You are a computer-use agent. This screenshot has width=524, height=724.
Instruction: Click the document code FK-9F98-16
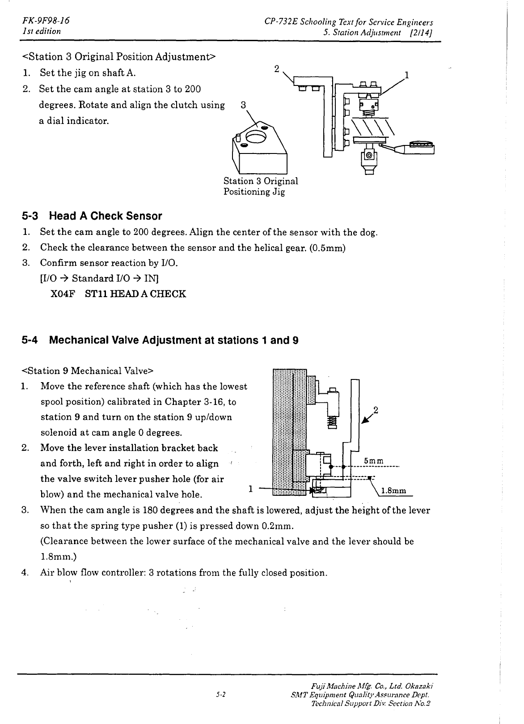[46, 21]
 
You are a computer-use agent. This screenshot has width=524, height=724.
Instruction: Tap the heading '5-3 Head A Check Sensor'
[92, 216]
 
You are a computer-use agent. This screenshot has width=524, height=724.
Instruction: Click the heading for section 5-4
[160, 340]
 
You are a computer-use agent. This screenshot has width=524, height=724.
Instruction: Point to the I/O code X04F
[63, 294]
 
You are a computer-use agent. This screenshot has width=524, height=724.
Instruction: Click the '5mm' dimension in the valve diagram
[373, 461]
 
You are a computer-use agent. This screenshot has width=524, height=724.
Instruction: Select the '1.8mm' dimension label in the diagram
[393, 490]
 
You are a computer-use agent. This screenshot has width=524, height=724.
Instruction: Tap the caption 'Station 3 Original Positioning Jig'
[261, 186]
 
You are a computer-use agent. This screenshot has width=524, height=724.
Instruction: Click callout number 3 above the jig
[243, 105]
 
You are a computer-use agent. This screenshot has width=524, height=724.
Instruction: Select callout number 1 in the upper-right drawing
[407, 75]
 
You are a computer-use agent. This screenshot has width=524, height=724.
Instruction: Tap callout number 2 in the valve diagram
[376, 410]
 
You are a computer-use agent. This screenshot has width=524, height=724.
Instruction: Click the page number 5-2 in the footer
[221, 694]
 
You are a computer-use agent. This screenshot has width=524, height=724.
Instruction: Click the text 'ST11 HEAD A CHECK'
[135, 294]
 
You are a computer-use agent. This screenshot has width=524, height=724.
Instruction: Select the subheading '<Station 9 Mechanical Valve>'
[88, 371]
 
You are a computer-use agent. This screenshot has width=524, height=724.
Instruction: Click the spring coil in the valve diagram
[333, 421]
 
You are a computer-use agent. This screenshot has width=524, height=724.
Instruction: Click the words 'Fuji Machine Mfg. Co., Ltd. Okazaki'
[372, 686]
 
